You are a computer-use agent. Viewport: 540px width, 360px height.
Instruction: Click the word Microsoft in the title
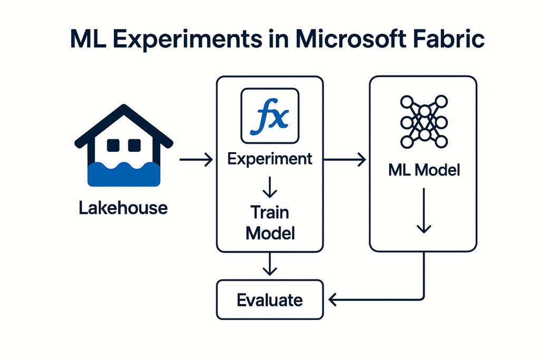[x=351, y=38]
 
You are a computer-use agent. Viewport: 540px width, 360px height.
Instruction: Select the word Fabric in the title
[x=449, y=38]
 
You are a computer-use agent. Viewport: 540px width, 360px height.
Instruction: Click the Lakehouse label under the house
[x=123, y=208]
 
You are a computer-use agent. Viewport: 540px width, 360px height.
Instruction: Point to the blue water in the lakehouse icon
[x=123, y=174]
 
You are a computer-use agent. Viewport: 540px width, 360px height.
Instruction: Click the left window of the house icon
[x=113, y=145]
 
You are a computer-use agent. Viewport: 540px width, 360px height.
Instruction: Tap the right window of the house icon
[x=134, y=145]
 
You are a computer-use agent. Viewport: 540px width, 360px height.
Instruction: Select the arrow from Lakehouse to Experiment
[x=196, y=160]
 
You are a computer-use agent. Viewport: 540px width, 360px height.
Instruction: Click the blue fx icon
[x=269, y=116]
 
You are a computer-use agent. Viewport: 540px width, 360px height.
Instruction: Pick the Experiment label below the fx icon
[x=269, y=159]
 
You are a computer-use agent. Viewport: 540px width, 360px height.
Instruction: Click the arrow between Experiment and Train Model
[x=269, y=188]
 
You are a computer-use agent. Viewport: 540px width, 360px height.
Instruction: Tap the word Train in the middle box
[x=269, y=212]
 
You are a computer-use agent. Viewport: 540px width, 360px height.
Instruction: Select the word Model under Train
[x=270, y=233]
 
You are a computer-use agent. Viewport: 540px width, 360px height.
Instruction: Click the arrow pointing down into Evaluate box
[x=269, y=264]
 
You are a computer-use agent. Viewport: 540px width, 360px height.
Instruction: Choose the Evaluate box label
[x=269, y=300]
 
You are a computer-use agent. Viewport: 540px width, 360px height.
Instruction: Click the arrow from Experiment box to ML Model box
[x=345, y=160]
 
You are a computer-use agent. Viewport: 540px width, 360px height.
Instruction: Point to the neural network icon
[x=424, y=122]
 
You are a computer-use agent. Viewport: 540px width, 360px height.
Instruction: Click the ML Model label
[x=424, y=170]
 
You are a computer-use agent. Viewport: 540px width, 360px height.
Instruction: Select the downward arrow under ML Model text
[x=424, y=211]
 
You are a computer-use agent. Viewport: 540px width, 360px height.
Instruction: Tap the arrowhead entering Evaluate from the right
[x=332, y=299]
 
